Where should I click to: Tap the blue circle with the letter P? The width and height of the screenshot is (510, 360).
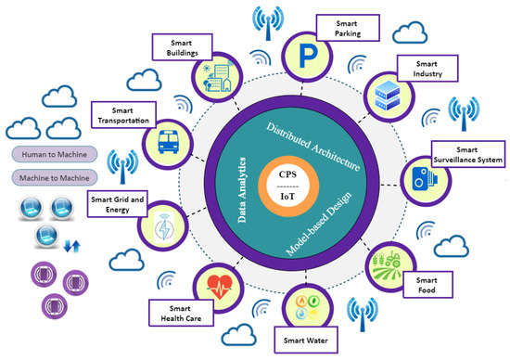304,52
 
